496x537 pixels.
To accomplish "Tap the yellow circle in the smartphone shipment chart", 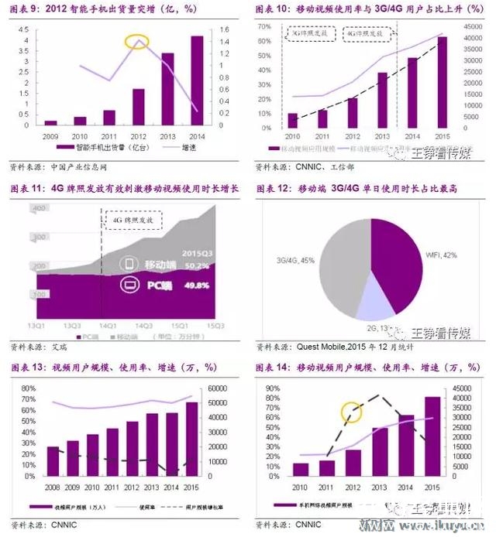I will [138, 40].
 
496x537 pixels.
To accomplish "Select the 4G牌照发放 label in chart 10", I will [363, 35].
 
